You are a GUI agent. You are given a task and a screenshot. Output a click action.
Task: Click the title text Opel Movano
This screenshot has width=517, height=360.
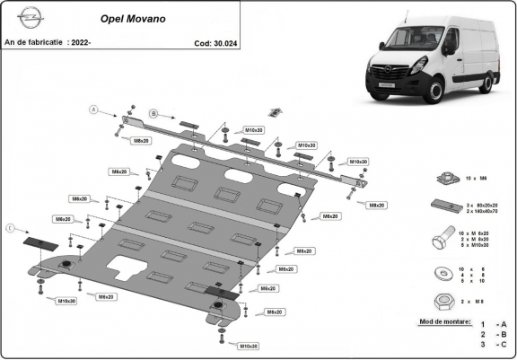point(125,17)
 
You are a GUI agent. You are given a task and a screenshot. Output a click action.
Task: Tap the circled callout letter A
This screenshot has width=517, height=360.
point(92,110)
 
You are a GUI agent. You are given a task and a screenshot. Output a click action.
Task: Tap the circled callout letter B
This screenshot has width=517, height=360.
point(153,113)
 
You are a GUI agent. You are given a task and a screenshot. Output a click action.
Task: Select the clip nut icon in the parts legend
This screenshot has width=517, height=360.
point(441,179)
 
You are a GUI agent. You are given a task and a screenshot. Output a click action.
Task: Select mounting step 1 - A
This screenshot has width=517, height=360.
point(493,324)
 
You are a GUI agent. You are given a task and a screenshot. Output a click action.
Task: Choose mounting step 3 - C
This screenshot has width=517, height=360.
point(493,344)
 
